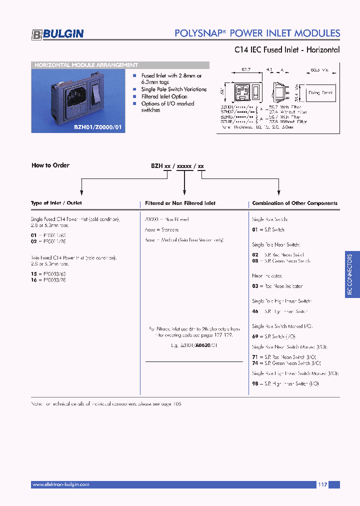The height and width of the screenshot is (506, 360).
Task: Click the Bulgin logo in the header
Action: pos(58,34)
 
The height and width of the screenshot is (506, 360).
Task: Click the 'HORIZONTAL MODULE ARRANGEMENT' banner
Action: pos(85,65)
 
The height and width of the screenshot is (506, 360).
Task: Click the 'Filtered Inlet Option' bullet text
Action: pos(164,96)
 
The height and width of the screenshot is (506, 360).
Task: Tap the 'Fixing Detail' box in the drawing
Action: pos(320,93)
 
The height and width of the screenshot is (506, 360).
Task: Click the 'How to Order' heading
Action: pos(50,165)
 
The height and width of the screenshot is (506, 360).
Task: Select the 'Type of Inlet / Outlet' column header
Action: pos(56,203)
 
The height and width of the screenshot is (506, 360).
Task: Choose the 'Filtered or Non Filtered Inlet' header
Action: pos(180,203)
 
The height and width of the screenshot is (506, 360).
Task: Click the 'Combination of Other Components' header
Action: pos(294,203)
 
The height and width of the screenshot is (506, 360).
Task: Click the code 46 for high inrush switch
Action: pos(255,311)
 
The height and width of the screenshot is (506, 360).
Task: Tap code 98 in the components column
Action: pos(255,383)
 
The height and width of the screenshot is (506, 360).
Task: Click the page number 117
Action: pos(322,484)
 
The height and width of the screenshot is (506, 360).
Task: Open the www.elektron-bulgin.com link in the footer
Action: pos(60,484)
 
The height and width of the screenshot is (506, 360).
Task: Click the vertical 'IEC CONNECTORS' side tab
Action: pos(350,275)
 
